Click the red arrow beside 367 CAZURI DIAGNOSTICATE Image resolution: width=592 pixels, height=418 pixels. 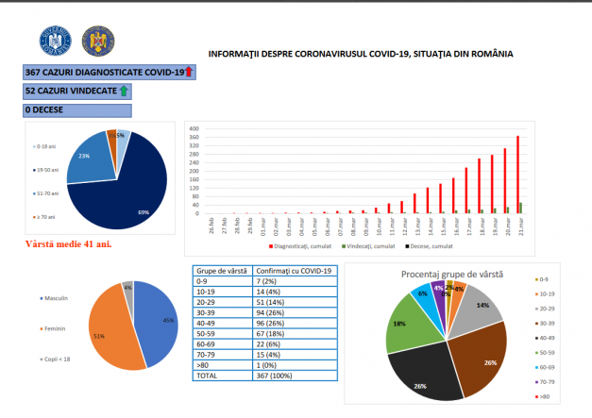[x=188, y=72]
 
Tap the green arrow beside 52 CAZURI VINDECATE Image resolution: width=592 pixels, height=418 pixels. [x=124, y=91]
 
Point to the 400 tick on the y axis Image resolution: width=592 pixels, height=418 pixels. [x=194, y=128]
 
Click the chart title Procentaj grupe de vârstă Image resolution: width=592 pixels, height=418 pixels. [x=452, y=274]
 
